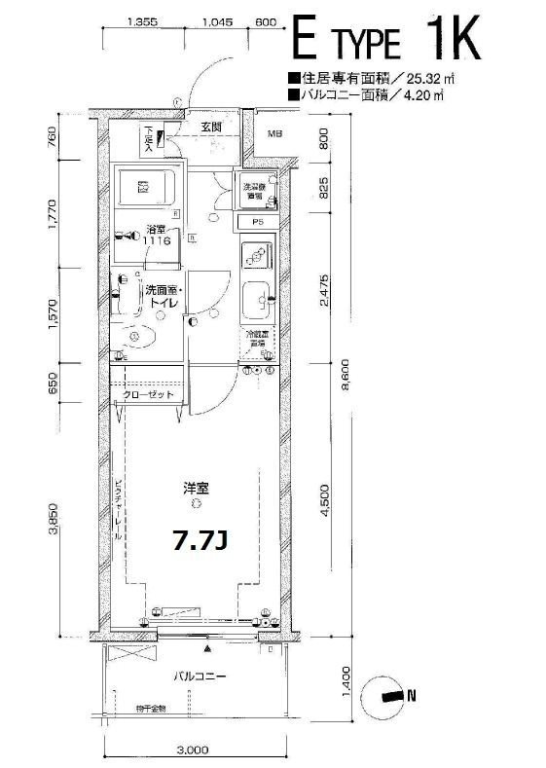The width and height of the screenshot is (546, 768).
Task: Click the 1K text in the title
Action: [452, 42]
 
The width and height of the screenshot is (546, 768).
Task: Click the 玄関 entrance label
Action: [212, 128]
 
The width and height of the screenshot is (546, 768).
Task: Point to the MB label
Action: [274, 135]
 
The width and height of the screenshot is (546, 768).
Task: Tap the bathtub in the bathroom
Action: [144, 186]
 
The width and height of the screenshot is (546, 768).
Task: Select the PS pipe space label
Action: [258, 222]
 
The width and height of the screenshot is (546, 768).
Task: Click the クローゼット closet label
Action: [148, 395]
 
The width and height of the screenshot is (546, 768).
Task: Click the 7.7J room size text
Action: [199, 538]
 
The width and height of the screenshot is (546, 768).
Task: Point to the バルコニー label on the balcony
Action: [200, 675]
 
